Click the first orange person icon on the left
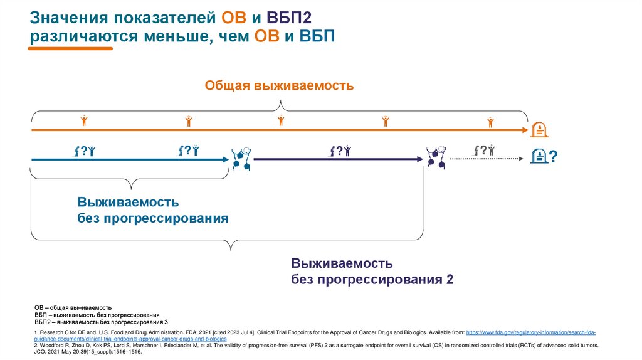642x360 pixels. tap(83, 120)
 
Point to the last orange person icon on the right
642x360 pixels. tap(490, 120)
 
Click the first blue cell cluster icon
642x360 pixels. tap(241, 159)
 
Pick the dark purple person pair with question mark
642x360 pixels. tap(340, 151)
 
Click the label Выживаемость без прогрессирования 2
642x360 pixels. tap(372, 271)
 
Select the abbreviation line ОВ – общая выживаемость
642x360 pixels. tap(73, 308)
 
